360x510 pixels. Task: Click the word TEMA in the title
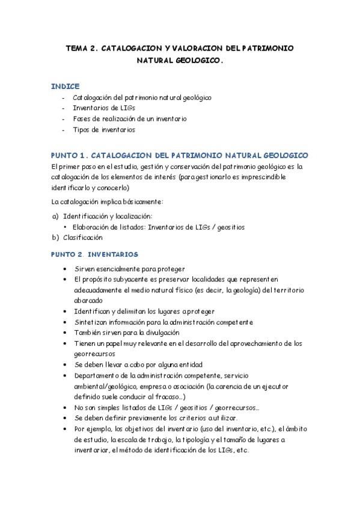tap(76, 48)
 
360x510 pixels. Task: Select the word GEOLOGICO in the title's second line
tap(194, 61)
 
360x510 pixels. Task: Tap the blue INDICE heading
tap(66, 87)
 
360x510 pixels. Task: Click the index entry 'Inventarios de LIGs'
tap(103, 108)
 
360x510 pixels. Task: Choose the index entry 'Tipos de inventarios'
tap(104, 129)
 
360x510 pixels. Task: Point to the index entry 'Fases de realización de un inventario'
tap(129, 118)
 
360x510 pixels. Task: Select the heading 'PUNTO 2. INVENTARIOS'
tap(94, 254)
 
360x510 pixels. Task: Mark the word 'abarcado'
tap(89, 300)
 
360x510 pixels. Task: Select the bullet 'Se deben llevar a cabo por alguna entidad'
tap(138, 364)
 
